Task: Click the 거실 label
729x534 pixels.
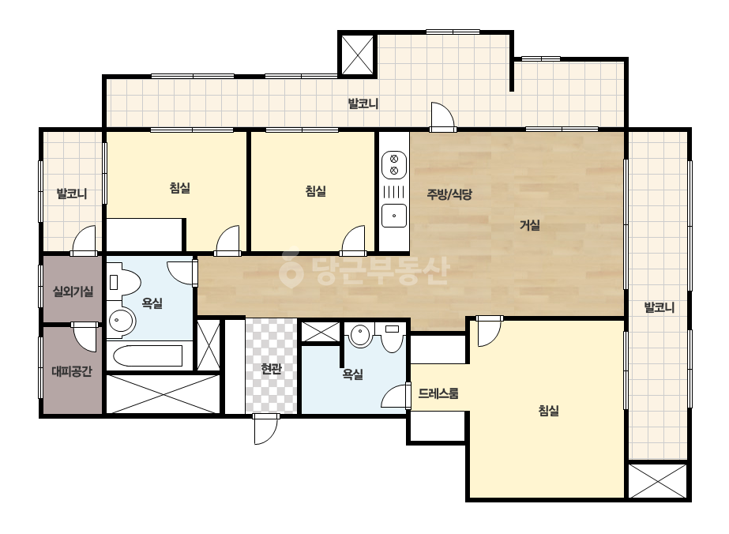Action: click(529, 226)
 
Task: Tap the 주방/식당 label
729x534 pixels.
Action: click(449, 194)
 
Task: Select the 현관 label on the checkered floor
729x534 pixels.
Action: click(271, 369)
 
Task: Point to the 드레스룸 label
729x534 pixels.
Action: click(438, 393)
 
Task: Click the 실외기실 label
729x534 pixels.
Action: click(73, 291)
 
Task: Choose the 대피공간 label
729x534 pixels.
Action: click(72, 371)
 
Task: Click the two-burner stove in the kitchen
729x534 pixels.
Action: click(394, 164)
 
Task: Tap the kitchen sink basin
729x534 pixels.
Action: click(394, 216)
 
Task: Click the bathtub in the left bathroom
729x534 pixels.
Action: click(148, 355)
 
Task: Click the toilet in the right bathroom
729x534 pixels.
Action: click(392, 338)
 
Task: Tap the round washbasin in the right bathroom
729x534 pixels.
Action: click(361, 335)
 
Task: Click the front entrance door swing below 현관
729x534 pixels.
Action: click(265, 430)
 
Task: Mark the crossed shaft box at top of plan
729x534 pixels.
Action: click(358, 55)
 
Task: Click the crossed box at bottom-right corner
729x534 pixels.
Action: click(657, 480)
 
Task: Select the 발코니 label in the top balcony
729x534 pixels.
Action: click(363, 103)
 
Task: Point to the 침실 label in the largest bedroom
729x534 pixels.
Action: click(549, 411)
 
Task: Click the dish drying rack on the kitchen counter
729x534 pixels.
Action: click(394, 192)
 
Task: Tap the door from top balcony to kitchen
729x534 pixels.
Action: click(442, 117)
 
